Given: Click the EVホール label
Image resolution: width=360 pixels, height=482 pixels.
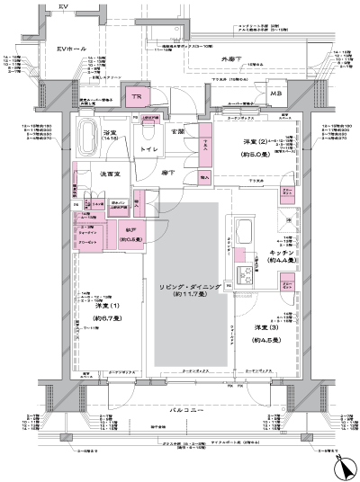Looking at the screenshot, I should (70, 48).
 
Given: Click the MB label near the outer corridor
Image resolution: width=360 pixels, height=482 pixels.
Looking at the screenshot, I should (276, 94).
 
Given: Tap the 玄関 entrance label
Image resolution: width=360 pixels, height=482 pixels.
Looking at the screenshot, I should (179, 132).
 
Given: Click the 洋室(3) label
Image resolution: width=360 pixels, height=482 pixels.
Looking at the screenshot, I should (267, 327).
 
